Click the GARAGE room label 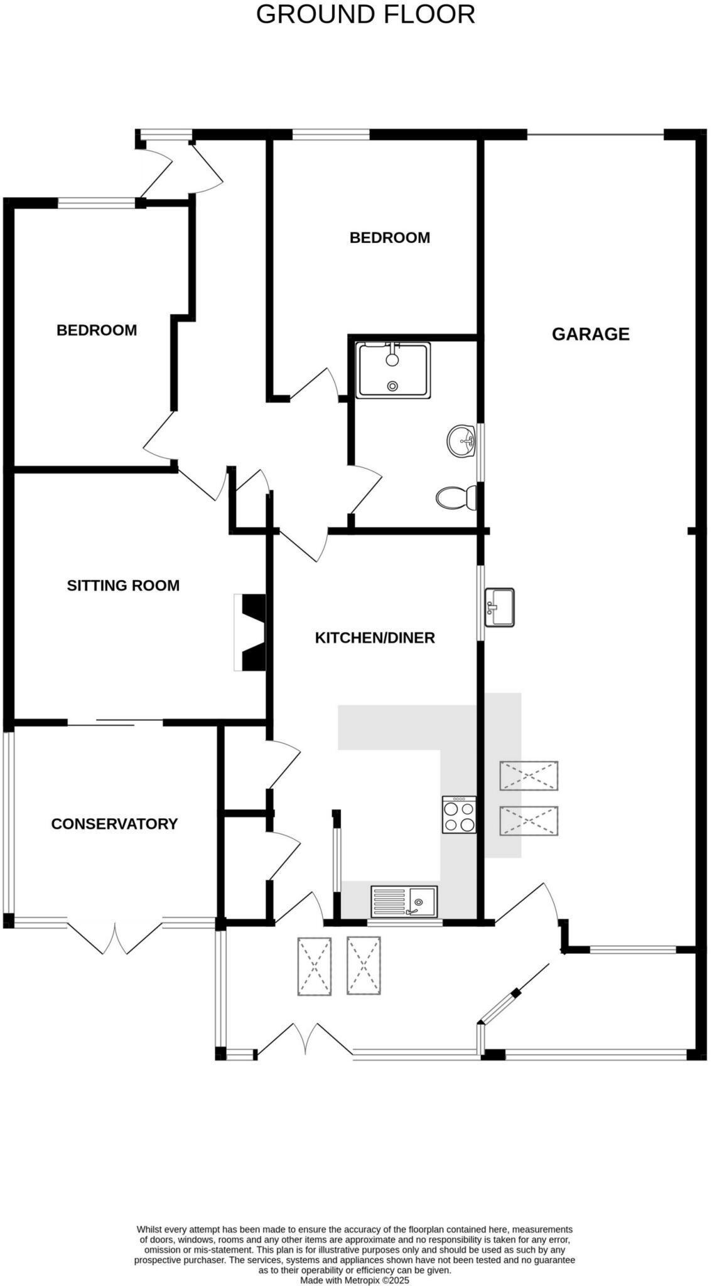click(590, 334)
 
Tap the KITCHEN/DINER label click(375, 638)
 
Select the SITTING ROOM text click(123, 586)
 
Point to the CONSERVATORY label click(114, 824)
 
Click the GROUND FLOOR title click(365, 14)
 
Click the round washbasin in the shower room click(462, 441)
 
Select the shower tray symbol click(393, 370)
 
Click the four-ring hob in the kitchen click(459, 815)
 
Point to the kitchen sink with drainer click(404, 902)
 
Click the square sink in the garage click(500, 607)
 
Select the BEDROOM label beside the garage click(389, 238)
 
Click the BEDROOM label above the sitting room click(97, 330)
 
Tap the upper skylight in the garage click(529, 775)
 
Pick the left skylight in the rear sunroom click(314, 966)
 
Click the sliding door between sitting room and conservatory click(116, 722)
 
